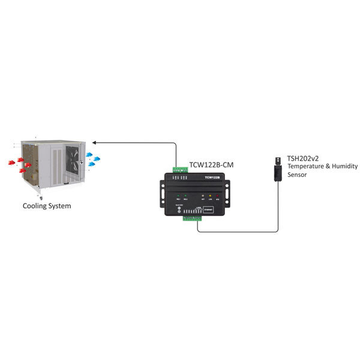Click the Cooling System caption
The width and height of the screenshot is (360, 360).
(47, 206)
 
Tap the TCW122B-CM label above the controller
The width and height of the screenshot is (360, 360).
(212, 164)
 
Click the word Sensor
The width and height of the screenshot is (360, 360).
(297, 175)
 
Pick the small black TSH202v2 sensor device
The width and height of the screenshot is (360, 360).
(278, 168)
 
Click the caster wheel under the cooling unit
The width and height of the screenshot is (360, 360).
(40, 196)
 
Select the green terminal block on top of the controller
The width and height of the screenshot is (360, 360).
(181, 170)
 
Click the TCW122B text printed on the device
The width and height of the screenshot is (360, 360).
(212, 178)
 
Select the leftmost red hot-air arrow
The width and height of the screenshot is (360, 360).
(11, 161)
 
